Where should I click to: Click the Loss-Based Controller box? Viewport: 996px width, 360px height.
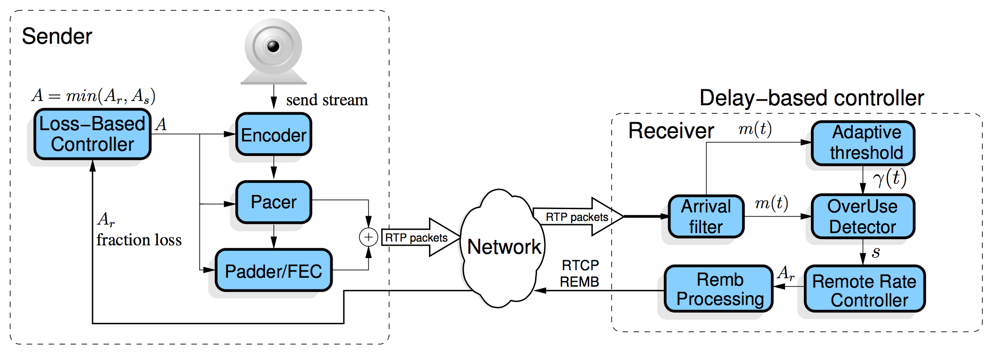coord(93,134)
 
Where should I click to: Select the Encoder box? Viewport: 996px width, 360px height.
coord(273,135)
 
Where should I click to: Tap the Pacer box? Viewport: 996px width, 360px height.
coord(273,202)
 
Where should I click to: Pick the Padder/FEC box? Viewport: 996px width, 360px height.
coord(273,271)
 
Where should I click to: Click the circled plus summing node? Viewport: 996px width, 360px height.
coord(368,237)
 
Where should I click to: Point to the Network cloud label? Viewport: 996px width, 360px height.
coord(504,247)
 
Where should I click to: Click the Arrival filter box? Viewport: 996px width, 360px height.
coord(706,217)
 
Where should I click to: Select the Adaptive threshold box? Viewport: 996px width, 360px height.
coord(863,143)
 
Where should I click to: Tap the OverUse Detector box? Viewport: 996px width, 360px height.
coord(863,217)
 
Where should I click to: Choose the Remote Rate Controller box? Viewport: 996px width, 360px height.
coord(864,289)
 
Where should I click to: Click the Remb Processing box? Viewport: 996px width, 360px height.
coord(719,289)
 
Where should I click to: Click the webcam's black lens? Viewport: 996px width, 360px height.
coord(273,47)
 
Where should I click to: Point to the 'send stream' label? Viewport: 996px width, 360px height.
coord(327,100)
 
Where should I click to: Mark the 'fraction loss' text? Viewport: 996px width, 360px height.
coord(139,240)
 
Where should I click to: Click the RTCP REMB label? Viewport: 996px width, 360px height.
coord(580,274)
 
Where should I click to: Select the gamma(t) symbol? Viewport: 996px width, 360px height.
coord(889,179)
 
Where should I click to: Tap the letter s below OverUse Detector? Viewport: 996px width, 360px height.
coord(876,253)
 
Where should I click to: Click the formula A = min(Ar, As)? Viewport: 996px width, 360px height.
coord(93,96)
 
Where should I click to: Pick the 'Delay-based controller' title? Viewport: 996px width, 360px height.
coord(811,98)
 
